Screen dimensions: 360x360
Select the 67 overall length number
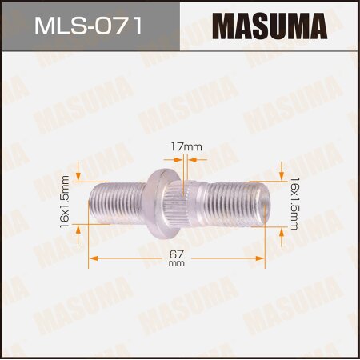(x=176, y=254)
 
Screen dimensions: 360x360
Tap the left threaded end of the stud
(x=116, y=204)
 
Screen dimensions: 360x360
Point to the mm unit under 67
(x=176, y=266)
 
